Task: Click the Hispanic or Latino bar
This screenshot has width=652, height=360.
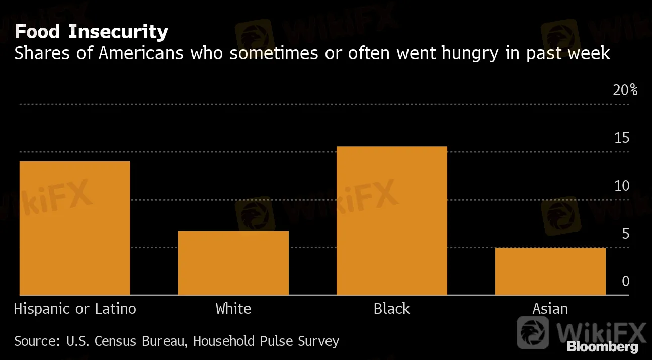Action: coord(75,228)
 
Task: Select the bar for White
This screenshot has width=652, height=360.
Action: coord(233,263)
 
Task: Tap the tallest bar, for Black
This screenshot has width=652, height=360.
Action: coord(392,221)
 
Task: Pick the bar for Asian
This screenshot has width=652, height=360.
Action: coord(550,272)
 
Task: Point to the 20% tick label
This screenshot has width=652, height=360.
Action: coord(625,91)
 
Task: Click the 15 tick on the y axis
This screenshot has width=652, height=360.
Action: coord(622,138)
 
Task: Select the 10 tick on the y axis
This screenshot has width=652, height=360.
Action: coord(622,186)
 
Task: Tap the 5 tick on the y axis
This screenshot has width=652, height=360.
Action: coord(625,234)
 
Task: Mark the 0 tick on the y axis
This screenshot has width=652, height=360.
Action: coord(625,281)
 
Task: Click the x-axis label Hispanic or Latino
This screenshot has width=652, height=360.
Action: coord(75,308)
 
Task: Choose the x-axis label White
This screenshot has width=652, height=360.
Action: coord(233,308)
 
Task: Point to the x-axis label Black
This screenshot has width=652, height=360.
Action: coord(392,308)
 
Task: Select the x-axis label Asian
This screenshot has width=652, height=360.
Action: coord(550,308)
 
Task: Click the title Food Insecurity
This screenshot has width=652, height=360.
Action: coord(91,32)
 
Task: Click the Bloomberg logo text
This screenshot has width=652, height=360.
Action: coord(602,347)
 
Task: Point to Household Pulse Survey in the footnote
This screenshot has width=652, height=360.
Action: coord(266,341)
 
